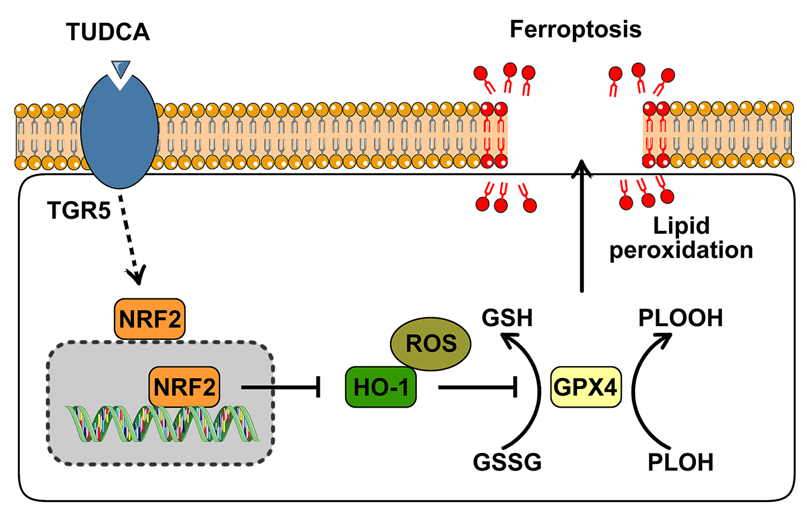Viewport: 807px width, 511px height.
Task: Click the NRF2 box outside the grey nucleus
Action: (149, 317)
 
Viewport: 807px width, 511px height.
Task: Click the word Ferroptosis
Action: (575, 29)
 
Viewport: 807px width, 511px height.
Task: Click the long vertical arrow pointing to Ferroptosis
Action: (581, 230)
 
